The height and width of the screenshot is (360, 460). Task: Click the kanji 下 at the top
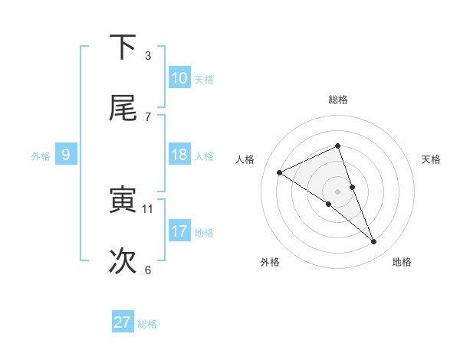[x=123, y=47]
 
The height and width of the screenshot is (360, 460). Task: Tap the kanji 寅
[x=123, y=200]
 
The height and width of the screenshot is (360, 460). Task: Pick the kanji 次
[x=123, y=261]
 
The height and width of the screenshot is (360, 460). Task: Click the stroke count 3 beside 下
[x=148, y=55]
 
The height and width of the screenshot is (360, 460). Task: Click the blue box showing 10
[x=179, y=78]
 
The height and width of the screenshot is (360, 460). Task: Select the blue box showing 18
[x=179, y=155]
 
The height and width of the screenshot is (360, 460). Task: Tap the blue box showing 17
[x=179, y=231]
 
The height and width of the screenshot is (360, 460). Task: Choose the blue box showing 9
[x=66, y=155]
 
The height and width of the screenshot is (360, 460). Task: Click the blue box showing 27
[x=123, y=322]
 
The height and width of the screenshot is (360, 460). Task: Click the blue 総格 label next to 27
[x=147, y=324]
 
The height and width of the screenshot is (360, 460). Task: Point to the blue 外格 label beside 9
[x=41, y=156]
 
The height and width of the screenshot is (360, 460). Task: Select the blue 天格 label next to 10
[x=204, y=80]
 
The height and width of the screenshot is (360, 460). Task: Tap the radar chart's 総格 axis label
[x=338, y=100]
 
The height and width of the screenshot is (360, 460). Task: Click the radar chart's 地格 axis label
[x=402, y=263]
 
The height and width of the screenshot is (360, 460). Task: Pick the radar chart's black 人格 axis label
[x=246, y=159]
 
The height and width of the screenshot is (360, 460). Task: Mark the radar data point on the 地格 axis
[x=374, y=242]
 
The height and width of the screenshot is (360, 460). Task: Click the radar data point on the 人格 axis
[x=280, y=172]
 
